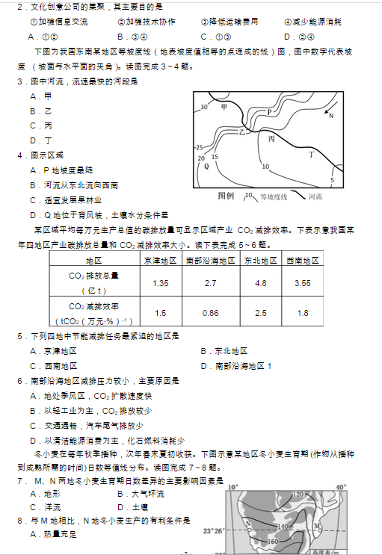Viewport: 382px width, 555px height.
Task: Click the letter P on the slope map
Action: [x=270, y=112]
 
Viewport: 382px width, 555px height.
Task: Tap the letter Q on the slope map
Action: [x=206, y=166]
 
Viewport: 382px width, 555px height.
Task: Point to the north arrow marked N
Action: [x=330, y=115]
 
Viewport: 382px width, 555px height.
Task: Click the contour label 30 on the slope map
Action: [x=203, y=108]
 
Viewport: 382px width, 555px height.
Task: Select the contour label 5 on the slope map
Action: [x=332, y=180]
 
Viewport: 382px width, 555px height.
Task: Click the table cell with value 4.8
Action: [x=261, y=283]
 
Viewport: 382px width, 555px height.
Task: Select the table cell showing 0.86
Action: [x=211, y=313]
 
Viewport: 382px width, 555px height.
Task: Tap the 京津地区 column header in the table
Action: [x=160, y=261]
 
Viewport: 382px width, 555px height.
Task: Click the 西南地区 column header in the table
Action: [x=302, y=261]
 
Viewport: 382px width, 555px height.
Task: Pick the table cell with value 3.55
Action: [x=302, y=283]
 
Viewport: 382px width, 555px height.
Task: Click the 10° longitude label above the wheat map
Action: [x=233, y=487]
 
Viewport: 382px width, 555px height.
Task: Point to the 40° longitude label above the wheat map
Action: [x=341, y=487]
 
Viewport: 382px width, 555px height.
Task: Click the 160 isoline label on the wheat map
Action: [x=272, y=541]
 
